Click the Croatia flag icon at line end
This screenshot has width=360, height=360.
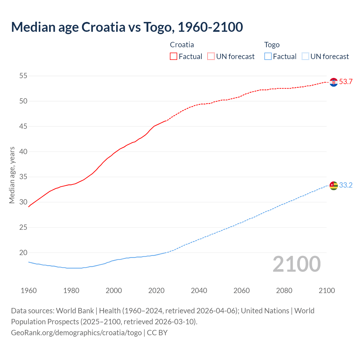[334, 82]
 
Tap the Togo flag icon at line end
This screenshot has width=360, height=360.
[334, 186]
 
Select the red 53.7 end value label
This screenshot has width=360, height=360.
[346, 82]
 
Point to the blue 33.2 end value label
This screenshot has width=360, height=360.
[346, 185]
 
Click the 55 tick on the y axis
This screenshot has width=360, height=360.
[23, 76]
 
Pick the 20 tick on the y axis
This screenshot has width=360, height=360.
[23, 253]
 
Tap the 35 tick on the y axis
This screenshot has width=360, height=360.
[23, 177]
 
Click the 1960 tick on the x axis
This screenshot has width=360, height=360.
[29, 291]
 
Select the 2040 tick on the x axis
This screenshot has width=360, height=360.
[199, 291]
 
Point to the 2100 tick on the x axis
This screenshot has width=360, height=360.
[327, 291]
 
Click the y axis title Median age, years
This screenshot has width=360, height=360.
[12, 175]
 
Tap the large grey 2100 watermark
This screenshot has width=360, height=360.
[296, 264]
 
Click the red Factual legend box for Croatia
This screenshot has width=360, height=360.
[174, 57]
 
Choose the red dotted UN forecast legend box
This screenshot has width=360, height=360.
[211, 57]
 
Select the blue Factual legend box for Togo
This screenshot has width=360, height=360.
[268, 57]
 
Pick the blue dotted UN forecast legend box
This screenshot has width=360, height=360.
[305, 57]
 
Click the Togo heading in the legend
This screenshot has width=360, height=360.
[272, 45]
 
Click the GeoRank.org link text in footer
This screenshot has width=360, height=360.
[76, 333]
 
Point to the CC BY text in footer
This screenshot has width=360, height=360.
[157, 333]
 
